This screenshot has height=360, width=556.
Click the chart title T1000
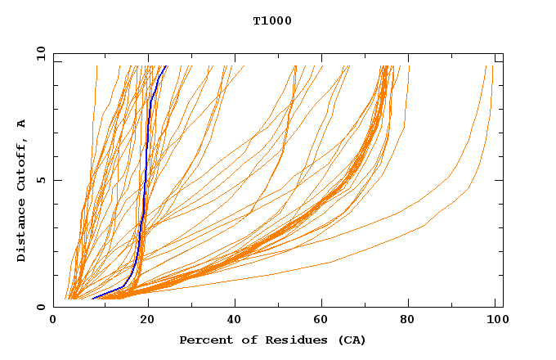[272, 20]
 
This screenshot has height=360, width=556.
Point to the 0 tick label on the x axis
[53, 320]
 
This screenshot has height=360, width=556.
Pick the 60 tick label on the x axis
[322, 320]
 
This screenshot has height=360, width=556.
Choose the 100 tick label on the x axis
[495, 320]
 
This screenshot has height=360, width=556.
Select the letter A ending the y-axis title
[22, 124]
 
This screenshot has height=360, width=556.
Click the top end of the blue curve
[165, 66]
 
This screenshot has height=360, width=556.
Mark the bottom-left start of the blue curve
[93, 298]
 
